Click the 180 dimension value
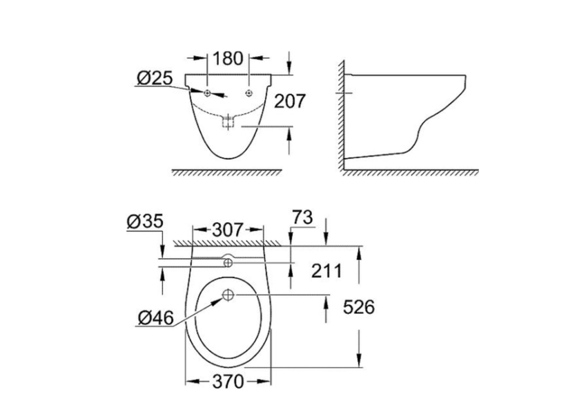click(x=228, y=58)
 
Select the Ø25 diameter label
click(x=153, y=79)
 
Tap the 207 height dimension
click(x=290, y=101)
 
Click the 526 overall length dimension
click(x=359, y=306)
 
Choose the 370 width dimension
click(x=228, y=380)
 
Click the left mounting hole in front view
click(x=207, y=93)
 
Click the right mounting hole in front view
click(x=250, y=93)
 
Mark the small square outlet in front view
click(x=228, y=123)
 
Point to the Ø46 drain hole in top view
click(x=228, y=296)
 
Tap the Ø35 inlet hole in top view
click(x=228, y=263)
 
